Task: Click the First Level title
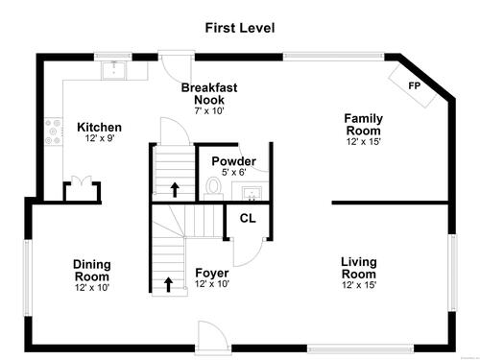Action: coord(240,28)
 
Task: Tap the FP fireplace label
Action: coord(415,85)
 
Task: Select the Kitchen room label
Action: coord(99,128)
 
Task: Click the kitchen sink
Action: coord(114,70)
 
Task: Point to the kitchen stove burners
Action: coord(53,132)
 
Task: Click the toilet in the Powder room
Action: coord(213,188)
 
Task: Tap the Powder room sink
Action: coord(252,193)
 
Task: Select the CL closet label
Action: coord(248,218)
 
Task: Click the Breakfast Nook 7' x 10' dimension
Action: coord(209,111)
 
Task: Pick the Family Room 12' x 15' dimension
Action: coord(363,141)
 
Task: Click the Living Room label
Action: coord(359,268)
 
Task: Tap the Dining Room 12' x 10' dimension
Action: coord(92,287)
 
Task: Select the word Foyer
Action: coord(212,273)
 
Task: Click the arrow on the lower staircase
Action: coord(168,284)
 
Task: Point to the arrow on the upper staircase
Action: coord(175,190)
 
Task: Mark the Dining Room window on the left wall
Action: coord(27,277)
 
